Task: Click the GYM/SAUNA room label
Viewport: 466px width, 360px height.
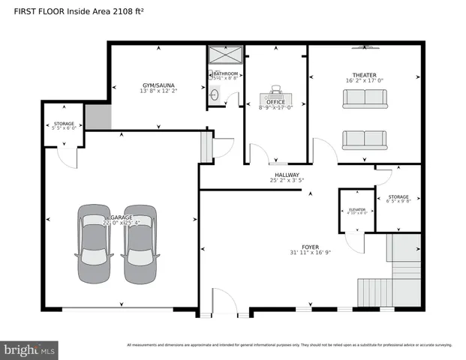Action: [x=159, y=85]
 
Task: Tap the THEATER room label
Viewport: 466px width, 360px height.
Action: [x=365, y=75]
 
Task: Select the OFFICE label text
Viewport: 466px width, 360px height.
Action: [x=275, y=102]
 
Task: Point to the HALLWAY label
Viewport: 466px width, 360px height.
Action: [x=287, y=175]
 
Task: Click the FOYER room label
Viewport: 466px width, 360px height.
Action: [x=310, y=247]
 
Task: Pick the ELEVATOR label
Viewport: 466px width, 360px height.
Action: [x=356, y=209]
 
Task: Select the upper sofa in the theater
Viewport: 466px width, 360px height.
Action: [x=365, y=99]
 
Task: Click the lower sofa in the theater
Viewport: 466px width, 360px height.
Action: [x=365, y=139]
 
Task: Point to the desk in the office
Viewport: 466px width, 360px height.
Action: [x=275, y=95]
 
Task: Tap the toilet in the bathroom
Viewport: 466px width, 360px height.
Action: [x=215, y=94]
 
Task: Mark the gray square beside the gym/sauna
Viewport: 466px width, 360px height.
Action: [x=98, y=117]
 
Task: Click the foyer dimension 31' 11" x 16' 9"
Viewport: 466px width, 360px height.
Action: [x=310, y=253]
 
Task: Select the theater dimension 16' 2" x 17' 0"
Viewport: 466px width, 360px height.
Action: [x=365, y=81]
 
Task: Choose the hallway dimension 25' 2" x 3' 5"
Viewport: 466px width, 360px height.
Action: [x=287, y=181]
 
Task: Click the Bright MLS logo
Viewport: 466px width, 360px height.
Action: [x=30, y=349]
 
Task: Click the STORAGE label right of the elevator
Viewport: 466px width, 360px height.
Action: [x=398, y=196]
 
